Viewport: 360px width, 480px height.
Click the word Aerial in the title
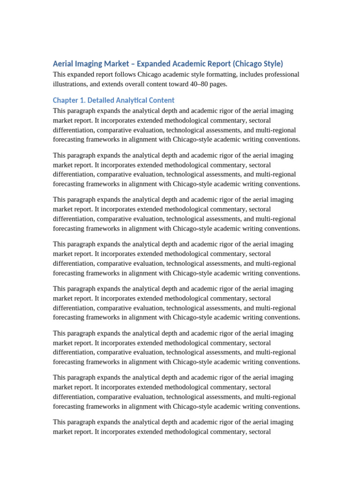click(63, 64)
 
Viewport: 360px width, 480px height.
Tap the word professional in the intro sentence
click(280, 75)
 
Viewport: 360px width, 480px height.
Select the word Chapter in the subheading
click(66, 100)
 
